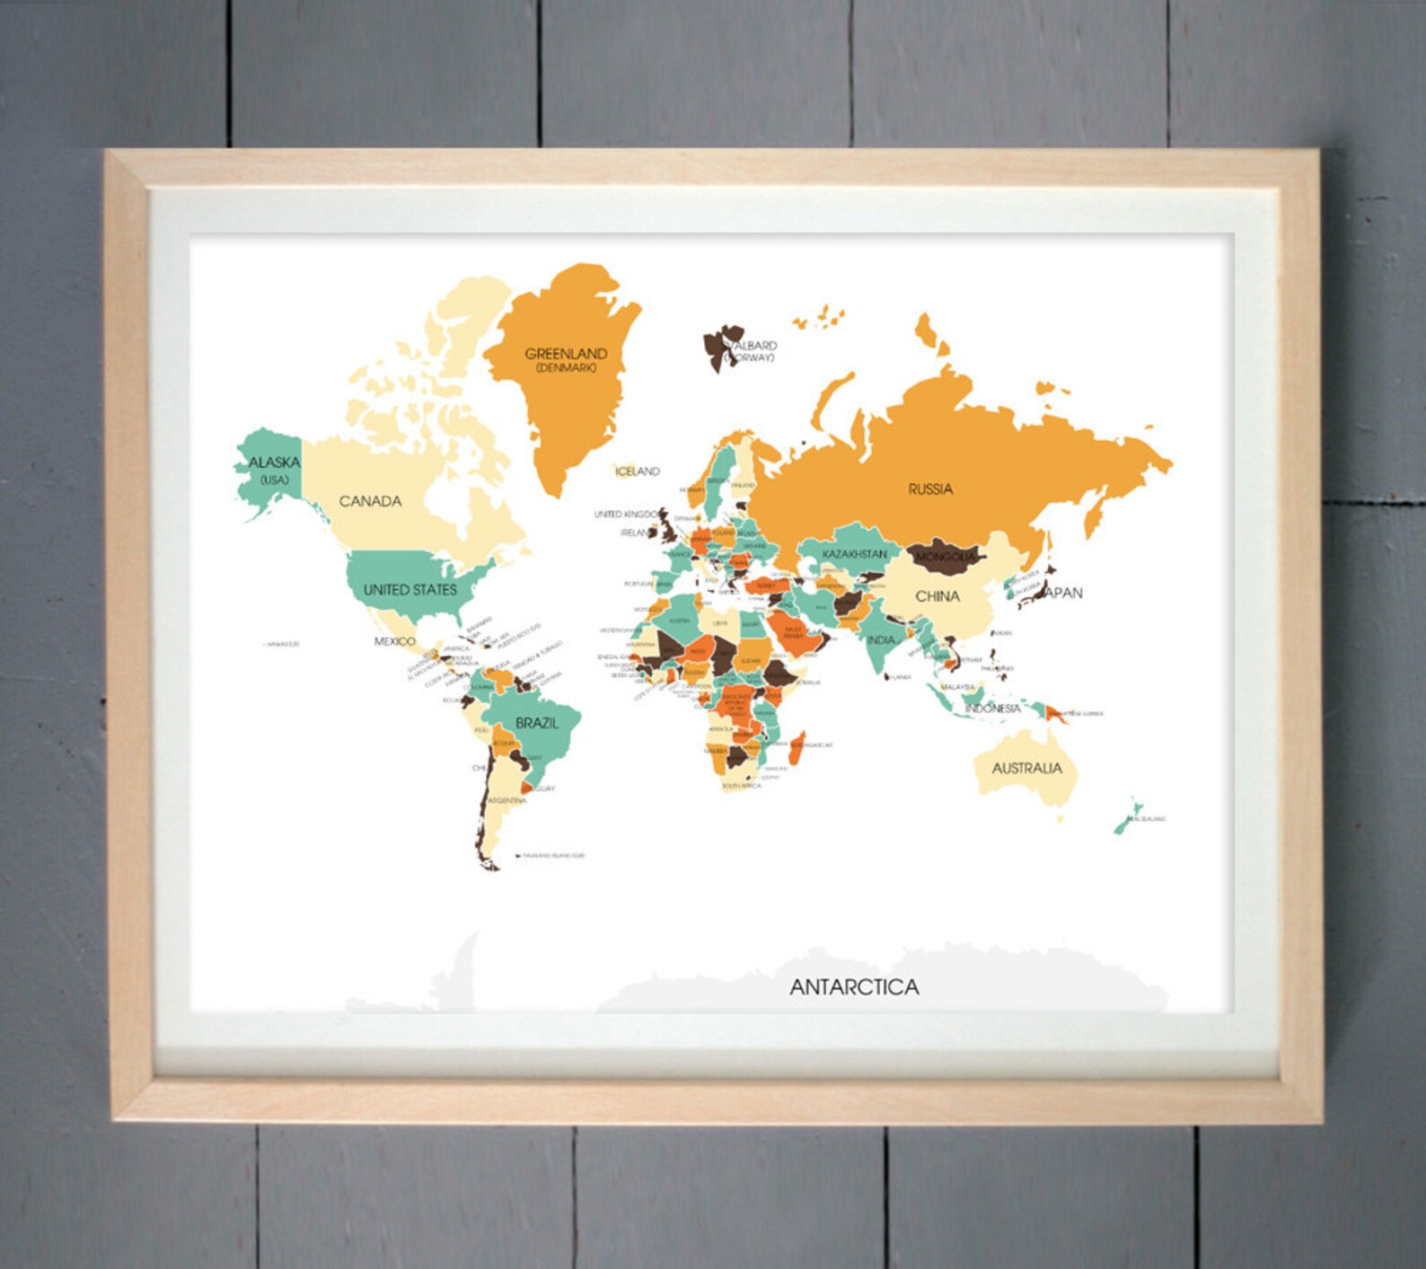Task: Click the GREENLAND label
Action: [566, 354]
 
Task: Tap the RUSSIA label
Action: [930, 489]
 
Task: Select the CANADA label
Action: [370, 501]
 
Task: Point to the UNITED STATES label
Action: [410, 590]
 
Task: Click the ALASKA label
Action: [274, 463]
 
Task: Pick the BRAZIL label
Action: [537, 723]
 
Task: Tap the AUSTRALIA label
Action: [1026, 769]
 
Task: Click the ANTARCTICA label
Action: [854, 987]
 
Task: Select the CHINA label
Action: [937, 596]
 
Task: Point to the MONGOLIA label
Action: [945, 558]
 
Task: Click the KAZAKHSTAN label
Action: [854, 554]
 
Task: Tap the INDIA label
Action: [880, 640]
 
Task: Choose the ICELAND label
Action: [638, 471]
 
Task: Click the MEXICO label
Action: [394, 641]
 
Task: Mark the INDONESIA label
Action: [992, 709]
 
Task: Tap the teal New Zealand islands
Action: [1126, 816]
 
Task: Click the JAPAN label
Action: [1064, 593]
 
